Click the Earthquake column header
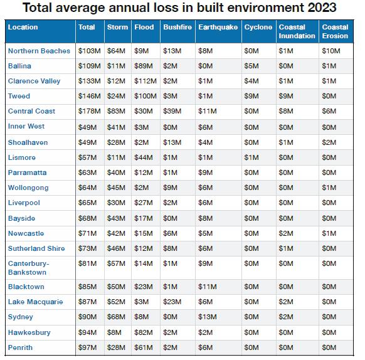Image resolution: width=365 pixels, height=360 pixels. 218,27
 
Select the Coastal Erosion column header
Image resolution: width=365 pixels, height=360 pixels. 335,31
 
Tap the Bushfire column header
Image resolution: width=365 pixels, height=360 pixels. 177,27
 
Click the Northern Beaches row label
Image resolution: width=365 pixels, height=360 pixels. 39,51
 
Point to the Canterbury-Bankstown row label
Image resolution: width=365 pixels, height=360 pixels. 28,268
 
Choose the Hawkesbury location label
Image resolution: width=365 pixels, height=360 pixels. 29,332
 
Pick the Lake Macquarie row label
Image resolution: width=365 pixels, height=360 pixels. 35,302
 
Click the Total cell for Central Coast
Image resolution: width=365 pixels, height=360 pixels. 90,111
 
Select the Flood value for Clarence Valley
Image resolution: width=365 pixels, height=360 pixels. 145,81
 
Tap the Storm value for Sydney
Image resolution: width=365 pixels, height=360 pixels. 116,317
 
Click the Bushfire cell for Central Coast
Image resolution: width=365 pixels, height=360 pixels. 172,111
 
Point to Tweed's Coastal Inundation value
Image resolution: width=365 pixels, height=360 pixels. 286,96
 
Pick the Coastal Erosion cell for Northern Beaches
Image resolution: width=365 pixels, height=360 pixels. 331,51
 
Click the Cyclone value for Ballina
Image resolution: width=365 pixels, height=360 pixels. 251,66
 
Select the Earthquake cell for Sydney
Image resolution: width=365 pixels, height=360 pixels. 208,317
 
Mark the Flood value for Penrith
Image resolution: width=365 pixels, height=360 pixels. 144,347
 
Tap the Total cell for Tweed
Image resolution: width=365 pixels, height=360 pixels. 90,96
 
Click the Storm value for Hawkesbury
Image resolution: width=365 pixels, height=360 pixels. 114,332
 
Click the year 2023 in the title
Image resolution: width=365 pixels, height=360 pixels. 322,8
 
